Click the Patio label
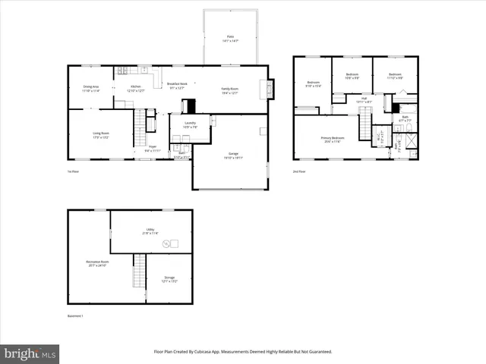pyautogui.click(x=230, y=37)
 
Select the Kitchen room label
pyautogui.click(x=136, y=87)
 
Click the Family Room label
pyautogui.click(x=229, y=90)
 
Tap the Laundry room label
pyautogui.click(x=190, y=124)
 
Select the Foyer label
pyautogui.click(x=153, y=148)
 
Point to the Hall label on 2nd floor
pyautogui.click(x=364, y=99)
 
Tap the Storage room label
pyautogui.click(x=169, y=279)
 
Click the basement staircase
pyautogui.click(x=139, y=271)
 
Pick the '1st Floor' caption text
pyautogui.click(x=73, y=172)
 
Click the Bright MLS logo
pyautogui.click(x=30, y=353)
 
